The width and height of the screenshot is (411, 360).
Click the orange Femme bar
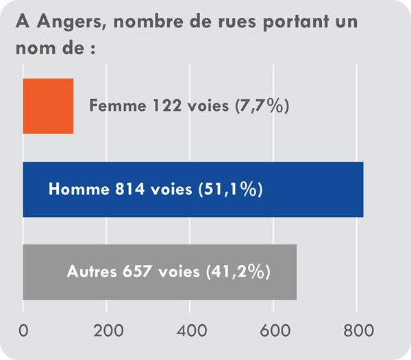[x=48, y=106]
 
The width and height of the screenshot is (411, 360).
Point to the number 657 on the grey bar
[x=140, y=271]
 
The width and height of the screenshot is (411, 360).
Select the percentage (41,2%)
[x=238, y=271]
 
